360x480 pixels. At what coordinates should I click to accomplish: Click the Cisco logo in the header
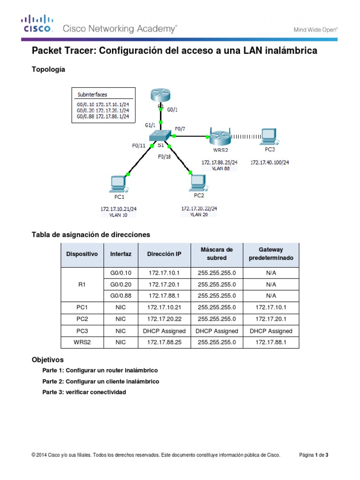coord(37,23)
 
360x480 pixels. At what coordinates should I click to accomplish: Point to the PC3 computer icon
coord(269,136)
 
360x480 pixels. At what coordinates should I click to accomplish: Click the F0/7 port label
coord(180,128)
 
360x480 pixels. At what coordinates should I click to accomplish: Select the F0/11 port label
coord(139,146)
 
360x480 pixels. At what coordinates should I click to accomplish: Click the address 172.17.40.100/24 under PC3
coord(270,162)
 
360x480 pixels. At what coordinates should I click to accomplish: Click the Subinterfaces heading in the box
coord(92,94)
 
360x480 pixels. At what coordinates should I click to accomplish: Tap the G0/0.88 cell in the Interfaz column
coord(120,296)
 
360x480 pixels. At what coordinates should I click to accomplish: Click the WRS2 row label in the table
coord(82,343)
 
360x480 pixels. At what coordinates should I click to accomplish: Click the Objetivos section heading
coord(47,360)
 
